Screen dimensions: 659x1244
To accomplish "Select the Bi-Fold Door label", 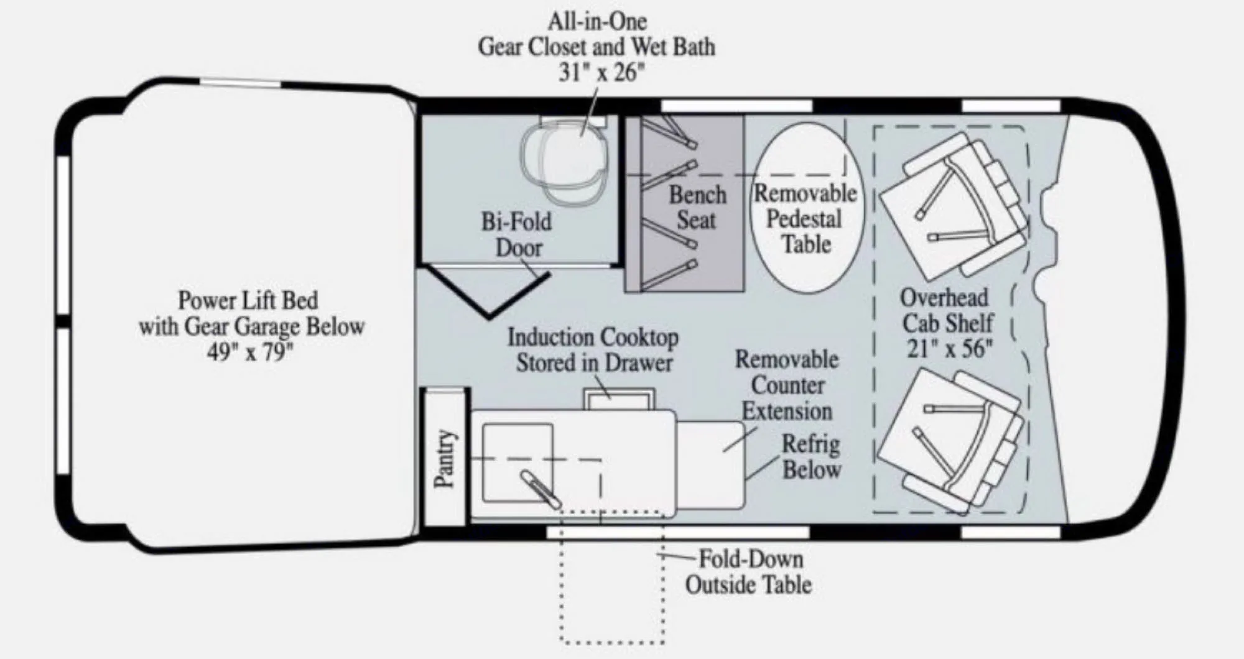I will point(516,234).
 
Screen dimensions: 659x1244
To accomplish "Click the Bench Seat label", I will point(697,208).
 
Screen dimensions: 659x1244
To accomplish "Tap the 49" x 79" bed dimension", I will point(250,353).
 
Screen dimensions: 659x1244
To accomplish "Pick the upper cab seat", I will point(958,208).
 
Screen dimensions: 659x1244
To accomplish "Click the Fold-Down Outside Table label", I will point(749,572).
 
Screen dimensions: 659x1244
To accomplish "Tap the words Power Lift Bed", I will point(248,300).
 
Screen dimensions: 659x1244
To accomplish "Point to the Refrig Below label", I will point(811,457).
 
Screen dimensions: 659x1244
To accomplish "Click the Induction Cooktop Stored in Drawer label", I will point(593,350).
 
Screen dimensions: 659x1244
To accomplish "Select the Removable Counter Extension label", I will point(787,385).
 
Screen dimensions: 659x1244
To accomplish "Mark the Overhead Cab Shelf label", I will point(945,311).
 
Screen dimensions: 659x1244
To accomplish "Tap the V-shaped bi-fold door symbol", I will point(488,292).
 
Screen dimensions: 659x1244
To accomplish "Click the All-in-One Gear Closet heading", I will point(597,35).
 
